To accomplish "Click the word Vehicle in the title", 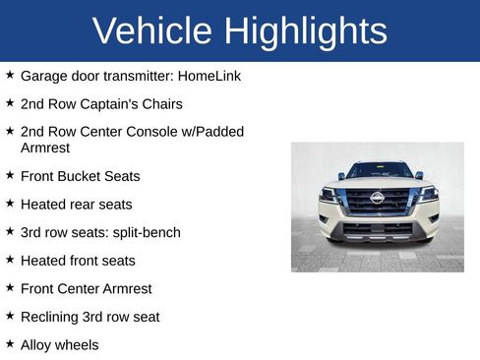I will [x=153, y=31].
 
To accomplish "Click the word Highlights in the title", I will [x=306, y=31].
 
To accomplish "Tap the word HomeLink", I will [x=207, y=76].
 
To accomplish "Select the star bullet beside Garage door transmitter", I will [x=10, y=75].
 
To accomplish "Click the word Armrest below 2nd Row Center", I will [x=46, y=148].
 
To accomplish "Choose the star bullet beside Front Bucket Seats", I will [x=10, y=175].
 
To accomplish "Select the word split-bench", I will [x=146, y=233].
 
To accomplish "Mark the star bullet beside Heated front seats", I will [x=10, y=260].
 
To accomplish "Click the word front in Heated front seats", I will [x=85, y=261].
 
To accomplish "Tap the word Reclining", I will [x=50, y=318].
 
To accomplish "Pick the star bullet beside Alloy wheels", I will [x=10, y=344].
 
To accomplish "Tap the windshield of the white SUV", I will [x=379, y=171].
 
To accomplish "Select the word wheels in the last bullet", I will [x=78, y=345].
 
